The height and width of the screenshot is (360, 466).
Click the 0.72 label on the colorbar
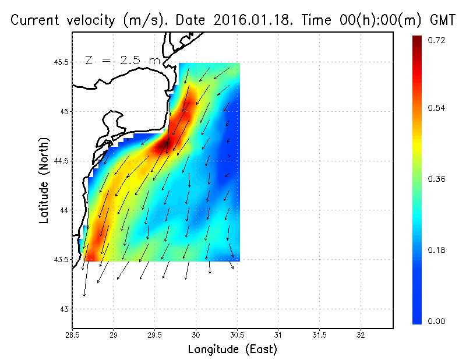click(437, 40)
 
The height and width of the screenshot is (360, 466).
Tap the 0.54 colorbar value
click(437, 108)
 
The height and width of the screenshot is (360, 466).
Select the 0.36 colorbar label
click(437, 179)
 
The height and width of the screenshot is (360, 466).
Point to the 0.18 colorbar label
click(437, 250)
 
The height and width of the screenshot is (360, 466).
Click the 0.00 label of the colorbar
click(437, 320)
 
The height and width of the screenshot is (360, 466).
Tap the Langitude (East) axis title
click(232, 350)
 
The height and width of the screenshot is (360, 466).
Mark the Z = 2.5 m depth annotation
click(122, 60)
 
